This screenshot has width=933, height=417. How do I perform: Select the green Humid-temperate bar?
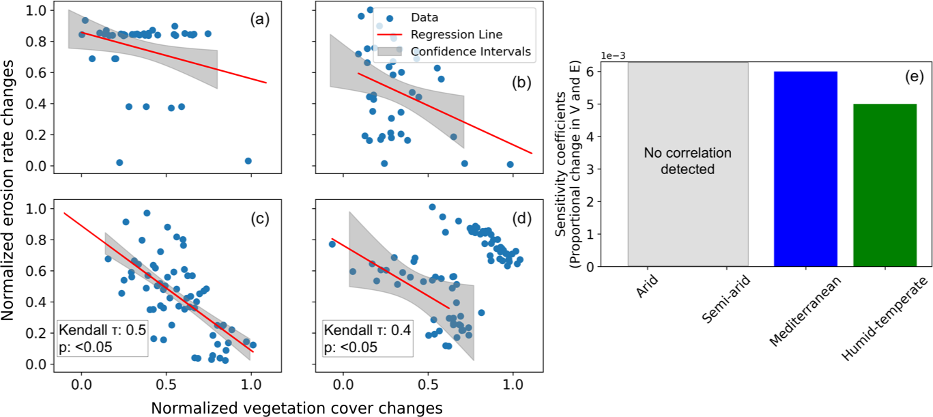[x=885, y=185]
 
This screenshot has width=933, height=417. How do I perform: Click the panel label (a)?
[x=259, y=20]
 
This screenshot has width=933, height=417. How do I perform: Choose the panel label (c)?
[x=259, y=220]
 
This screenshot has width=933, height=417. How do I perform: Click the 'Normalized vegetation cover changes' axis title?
[x=297, y=407]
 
